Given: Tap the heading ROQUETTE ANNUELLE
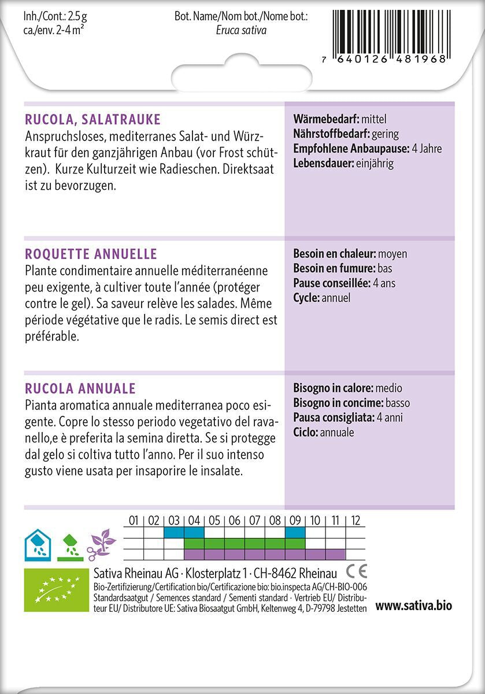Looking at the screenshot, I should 91,254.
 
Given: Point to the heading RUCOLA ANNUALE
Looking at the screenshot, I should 80,388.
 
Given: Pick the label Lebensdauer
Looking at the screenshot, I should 323,163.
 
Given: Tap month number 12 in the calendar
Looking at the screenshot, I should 356,520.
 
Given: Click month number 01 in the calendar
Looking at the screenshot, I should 134,520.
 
